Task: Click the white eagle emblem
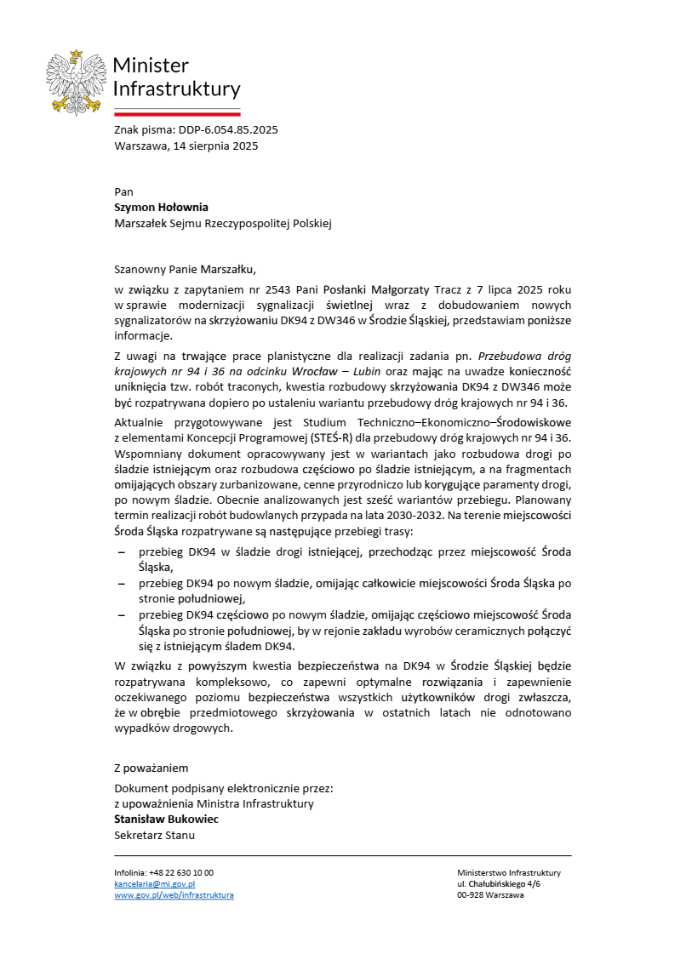(77, 82)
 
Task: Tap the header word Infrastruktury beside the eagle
(177, 89)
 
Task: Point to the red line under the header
(177, 112)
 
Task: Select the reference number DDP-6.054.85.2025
(228, 130)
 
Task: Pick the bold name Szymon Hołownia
(161, 207)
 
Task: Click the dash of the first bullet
(121, 552)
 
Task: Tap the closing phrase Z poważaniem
(151, 768)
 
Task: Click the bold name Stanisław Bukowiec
(166, 819)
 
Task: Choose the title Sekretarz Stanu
(154, 835)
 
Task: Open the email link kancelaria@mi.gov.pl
(155, 884)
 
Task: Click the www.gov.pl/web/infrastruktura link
(174, 895)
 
